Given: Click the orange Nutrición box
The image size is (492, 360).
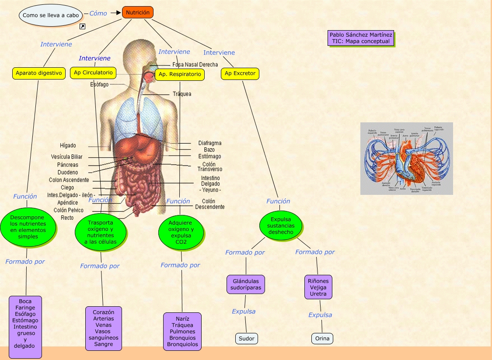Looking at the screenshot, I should (138, 13).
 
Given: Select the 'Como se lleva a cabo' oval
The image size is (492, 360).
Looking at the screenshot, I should (51, 15).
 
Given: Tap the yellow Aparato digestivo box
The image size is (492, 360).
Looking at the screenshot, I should (38, 73).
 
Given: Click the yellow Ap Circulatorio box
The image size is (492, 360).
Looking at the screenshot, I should (93, 73).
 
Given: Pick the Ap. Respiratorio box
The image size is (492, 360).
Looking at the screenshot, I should (180, 74).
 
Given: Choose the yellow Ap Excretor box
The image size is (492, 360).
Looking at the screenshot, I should (240, 73).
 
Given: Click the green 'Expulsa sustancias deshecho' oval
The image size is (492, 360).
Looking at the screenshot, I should (281, 225).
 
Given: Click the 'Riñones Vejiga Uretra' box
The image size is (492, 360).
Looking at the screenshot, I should (318, 287).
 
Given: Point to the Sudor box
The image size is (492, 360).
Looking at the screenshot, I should (246, 338).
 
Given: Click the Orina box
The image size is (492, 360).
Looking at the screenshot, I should (322, 338).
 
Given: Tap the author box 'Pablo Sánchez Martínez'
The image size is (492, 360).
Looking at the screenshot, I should (361, 38).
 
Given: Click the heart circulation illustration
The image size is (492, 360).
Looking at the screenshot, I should (406, 158).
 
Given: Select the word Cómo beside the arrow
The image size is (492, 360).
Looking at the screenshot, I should (98, 14).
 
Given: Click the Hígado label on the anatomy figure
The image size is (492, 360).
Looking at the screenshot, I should (68, 145).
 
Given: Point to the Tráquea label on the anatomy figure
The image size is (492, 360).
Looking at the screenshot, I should (181, 94).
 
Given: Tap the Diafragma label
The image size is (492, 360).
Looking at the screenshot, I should (209, 143).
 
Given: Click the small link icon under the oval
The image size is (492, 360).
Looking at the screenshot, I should (82, 27).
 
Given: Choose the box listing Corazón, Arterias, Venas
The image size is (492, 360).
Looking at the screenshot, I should (103, 328).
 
